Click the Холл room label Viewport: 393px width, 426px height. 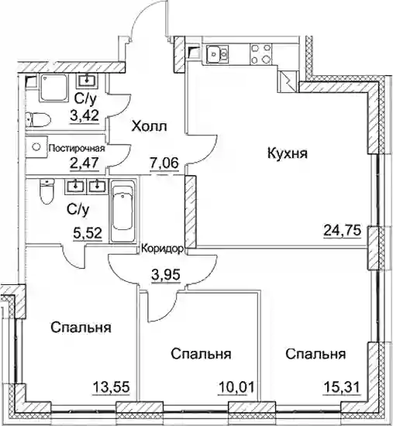[149, 126]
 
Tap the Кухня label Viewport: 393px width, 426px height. [288, 153]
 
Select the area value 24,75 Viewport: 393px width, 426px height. [343, 232]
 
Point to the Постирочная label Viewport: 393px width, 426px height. [77, 149]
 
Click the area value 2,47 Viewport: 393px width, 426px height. [84, 164]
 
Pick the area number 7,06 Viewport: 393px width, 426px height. [164, 163]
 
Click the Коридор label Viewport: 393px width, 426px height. [162, 249]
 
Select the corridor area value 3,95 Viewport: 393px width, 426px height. [166, 275]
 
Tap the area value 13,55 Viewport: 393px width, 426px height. [111, 386]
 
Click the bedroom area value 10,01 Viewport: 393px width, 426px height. [236, 386]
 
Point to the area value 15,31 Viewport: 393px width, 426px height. [342, 386]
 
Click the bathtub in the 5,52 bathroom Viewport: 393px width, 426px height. [123, 211]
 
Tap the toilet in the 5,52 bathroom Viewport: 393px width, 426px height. [47, 191]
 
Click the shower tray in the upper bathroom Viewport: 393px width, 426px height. [53, 88]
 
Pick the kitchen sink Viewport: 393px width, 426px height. [217, 54]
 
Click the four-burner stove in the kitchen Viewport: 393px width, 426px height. [260, 54]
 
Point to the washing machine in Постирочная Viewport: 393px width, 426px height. [36, 146]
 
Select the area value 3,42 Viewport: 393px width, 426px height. [84, 116]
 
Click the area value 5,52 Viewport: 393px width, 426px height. [88, 233]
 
